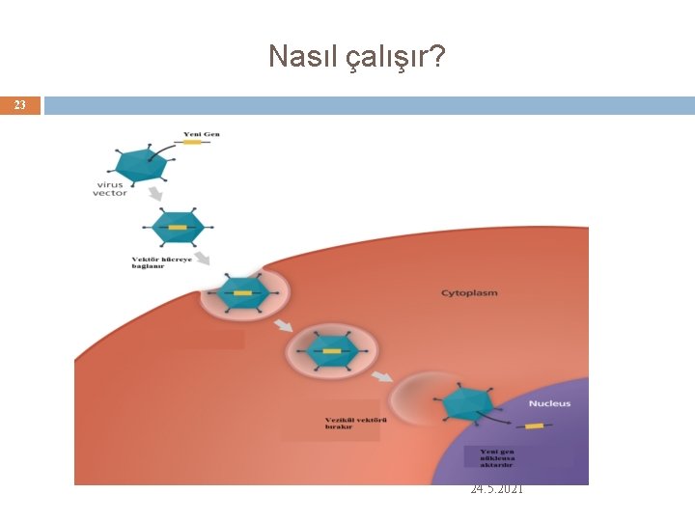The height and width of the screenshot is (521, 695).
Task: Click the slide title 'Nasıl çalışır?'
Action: click(x=356, y=57)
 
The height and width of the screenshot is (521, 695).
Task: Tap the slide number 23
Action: click(x=20, y=105)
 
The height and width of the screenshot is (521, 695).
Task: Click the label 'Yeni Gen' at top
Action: click(x=202, y=133)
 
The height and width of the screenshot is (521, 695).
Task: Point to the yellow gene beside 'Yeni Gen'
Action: click(x=191, y=144)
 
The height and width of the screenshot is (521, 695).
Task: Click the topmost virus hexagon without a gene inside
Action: click(x=140, y=164)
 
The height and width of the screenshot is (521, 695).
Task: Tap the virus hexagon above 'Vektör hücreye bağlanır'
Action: click(x=178, y=228)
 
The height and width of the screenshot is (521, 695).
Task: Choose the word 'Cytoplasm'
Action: click(x=469, y=292)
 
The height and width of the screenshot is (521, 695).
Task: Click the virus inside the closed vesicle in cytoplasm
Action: click(x=330, y=349)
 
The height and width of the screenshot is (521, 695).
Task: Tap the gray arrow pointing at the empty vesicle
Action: click(x=383, y=375)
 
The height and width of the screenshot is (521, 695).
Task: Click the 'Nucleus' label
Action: click(x=549, y=403)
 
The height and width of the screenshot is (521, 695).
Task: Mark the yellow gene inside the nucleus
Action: click(x=534, y=425)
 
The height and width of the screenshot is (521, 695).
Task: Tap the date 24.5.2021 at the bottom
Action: click(x=496, y=490)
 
